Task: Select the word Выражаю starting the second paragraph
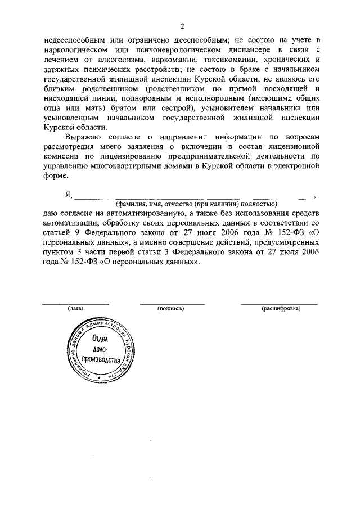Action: (x=84, y=137)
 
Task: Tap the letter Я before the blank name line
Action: (x=69, y=195)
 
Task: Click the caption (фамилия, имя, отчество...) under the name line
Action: (x=195, y=204)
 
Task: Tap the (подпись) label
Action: (x=172, y=309)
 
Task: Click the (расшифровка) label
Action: (x=281, y=309)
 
